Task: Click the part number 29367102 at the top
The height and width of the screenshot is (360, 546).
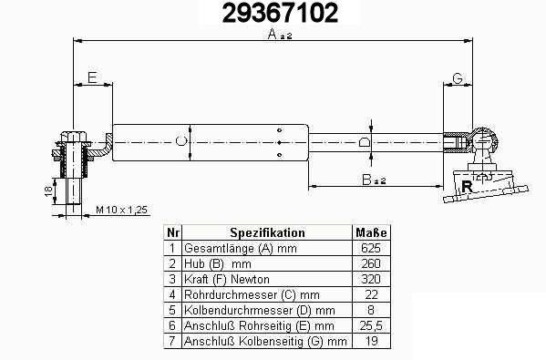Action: tap(280, 13)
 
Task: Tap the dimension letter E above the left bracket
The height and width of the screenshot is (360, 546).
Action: tap(92, 77)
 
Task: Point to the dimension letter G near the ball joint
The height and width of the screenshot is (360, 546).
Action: tap(458, 78)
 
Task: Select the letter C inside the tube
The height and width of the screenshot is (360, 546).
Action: tap(180, 141)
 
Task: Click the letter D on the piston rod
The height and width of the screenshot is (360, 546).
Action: tap(365, 142)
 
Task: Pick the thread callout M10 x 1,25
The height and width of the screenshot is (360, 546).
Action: tap(121, 210)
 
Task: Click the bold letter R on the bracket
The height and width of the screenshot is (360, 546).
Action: tap(467, 186)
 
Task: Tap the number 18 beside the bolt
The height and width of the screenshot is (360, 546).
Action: tap(48, 190)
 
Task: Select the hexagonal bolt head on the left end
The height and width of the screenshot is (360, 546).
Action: tap(73, 136)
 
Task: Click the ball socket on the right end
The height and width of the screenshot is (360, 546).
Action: tap(484, 140)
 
